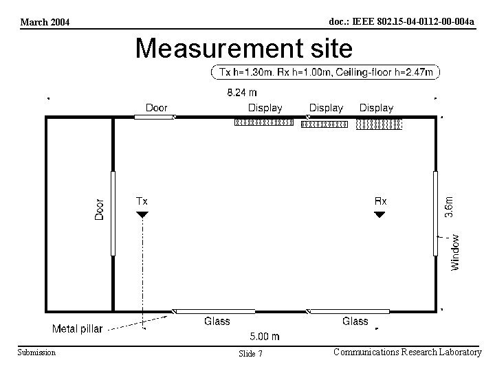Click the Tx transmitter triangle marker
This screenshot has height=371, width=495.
[x=142, y=214]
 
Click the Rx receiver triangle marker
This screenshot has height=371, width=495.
[x=379, y=214]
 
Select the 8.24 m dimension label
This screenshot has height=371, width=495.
[x=242, y=93]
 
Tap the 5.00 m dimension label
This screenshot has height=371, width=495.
[x=265, y=336]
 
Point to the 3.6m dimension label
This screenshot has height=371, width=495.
[x=448, y=207]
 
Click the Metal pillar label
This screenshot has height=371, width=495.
[x=77, y=328]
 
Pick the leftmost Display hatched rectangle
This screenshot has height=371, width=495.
[x=264, y=122]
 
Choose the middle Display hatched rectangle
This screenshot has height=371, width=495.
[x=324, y=124]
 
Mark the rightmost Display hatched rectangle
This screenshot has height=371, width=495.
[x=379, y=124]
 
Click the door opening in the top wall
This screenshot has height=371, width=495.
[x=155, y=117]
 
